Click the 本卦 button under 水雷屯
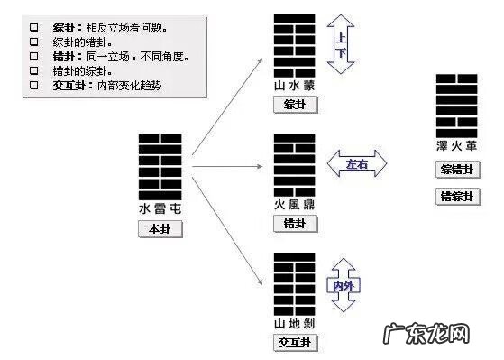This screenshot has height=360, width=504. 160,229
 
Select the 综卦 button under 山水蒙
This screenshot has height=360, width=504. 294,105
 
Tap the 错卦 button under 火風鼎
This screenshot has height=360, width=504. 294,223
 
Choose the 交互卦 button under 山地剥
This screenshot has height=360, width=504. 294,342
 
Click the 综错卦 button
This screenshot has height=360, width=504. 457,169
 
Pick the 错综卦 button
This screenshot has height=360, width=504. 457,197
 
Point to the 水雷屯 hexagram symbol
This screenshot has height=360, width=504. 160,166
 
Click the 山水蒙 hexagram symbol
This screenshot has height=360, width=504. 294,46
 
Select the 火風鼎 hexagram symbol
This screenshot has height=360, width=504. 294,163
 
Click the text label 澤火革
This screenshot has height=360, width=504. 457,146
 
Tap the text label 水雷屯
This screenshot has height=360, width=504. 160,208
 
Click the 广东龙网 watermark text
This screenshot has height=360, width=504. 441,335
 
